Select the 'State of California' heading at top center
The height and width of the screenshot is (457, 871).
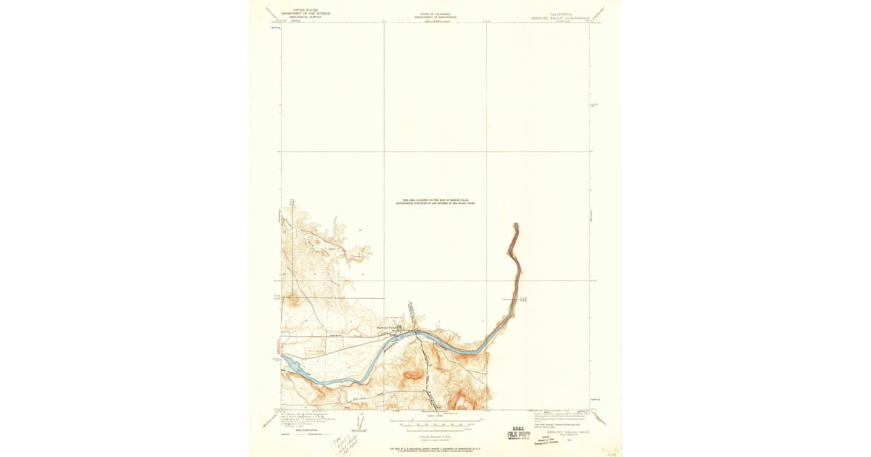tap(434, 15)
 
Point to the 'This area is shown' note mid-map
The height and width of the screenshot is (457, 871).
tap(434, 203)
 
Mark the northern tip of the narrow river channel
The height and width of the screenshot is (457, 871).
tap(515, 225)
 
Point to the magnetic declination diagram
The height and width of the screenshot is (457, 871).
tap(360, 421)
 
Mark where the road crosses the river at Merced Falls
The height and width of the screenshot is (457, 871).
tap(416, 334)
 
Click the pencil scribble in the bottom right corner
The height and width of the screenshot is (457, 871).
tap(605, 451)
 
